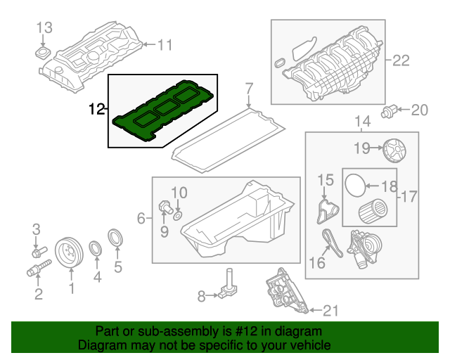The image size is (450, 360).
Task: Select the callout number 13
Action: (44, 28)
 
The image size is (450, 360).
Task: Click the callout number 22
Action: (400, 60)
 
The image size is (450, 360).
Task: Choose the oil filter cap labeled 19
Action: (397, 149)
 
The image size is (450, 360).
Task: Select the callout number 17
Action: (409, 196)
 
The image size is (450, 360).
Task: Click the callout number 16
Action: (317, 262)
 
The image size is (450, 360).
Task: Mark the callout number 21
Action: (330, 309)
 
